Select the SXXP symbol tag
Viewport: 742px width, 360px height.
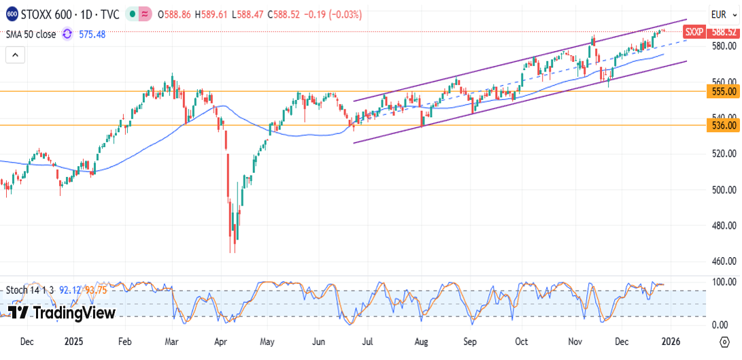(694, 32)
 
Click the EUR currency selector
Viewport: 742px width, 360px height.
(719, 14)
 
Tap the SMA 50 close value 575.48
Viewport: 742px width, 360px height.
(92, 34)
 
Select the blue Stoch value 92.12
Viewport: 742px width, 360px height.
(71, 290)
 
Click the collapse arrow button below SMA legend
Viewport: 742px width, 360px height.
(14, 55)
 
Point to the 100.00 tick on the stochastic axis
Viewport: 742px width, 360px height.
(724, 282)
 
